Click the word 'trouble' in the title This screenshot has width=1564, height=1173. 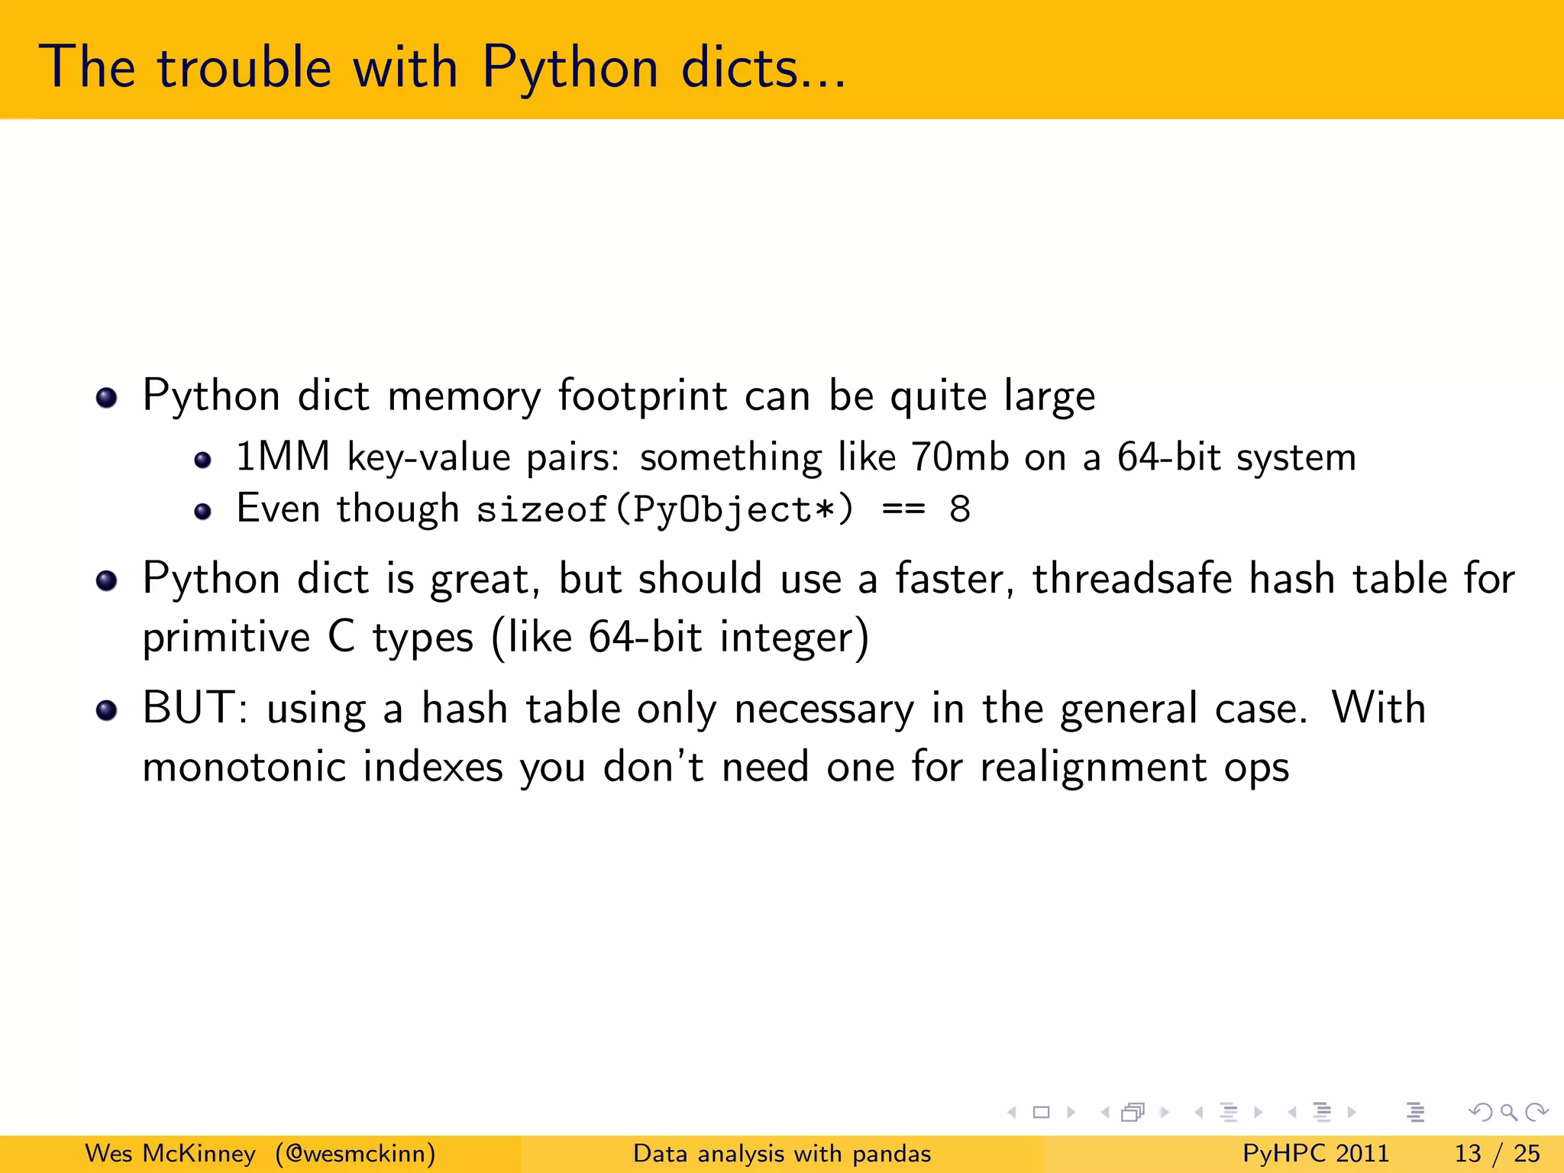244,67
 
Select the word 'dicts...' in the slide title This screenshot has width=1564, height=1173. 763,67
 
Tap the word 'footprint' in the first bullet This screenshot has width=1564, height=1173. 642,396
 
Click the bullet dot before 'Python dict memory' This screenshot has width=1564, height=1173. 107,398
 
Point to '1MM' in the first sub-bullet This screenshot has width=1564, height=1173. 283,457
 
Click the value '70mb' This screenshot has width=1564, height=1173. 960,457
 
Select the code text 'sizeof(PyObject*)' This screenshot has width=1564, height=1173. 664,509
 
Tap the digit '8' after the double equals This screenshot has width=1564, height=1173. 960,509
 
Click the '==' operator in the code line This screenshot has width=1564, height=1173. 903,509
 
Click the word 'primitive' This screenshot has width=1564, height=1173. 226,637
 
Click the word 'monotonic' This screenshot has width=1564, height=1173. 244,767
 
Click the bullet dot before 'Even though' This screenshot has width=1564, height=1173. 202,512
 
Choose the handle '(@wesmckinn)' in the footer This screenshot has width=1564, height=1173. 356,1153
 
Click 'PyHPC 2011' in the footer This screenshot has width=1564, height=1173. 1316,1153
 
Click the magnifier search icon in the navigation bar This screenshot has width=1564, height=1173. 1508,1112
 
